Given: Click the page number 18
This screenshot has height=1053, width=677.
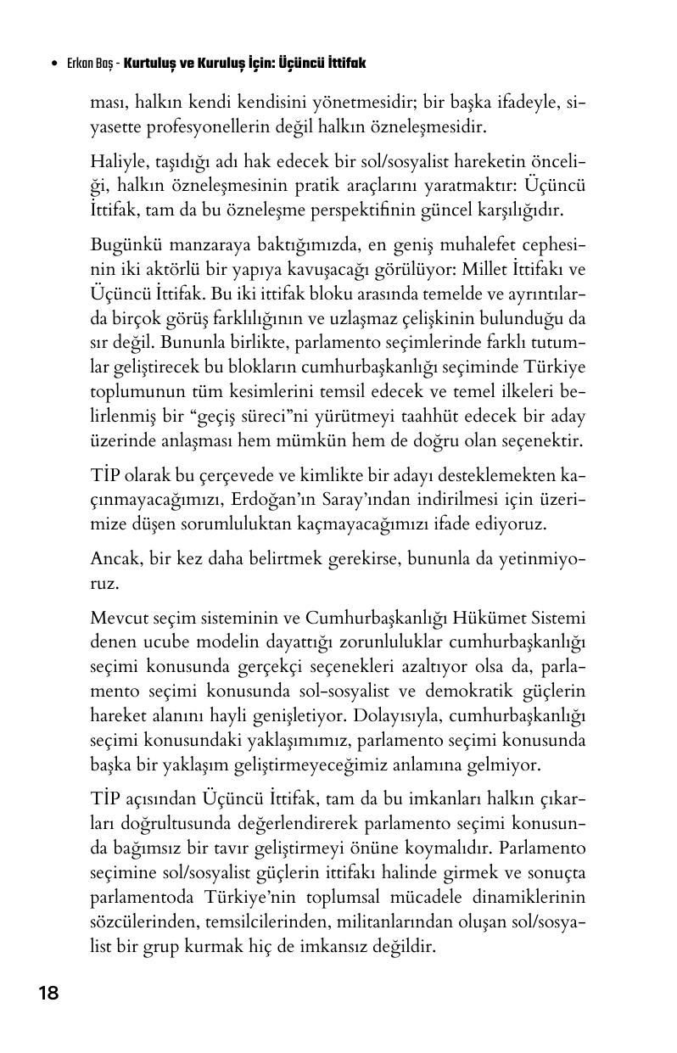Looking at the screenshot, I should point(49,994).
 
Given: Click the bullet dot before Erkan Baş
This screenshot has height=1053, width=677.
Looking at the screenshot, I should point(55,64).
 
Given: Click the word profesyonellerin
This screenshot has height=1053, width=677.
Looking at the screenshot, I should point(211,128).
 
